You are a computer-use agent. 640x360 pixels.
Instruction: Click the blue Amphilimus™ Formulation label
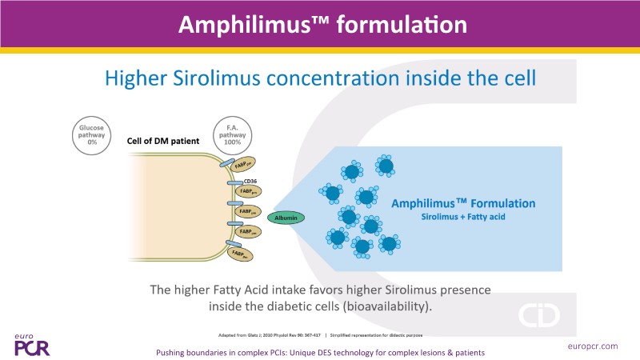pos(463,203)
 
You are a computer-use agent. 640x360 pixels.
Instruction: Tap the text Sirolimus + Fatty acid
pos(463,217)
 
